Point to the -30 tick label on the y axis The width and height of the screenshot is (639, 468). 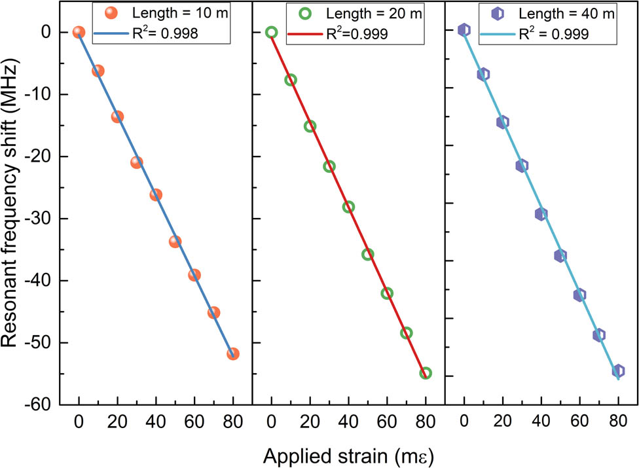point(37,219)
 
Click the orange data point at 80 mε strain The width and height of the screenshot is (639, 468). point(233,353)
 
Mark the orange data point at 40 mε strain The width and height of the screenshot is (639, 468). point(156,194)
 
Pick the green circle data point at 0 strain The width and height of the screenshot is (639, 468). point(272,32)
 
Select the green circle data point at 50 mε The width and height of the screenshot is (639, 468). point(368,254)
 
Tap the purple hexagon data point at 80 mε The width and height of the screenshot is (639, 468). point(618,370)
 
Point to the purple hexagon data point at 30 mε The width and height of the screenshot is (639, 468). point(522,166)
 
